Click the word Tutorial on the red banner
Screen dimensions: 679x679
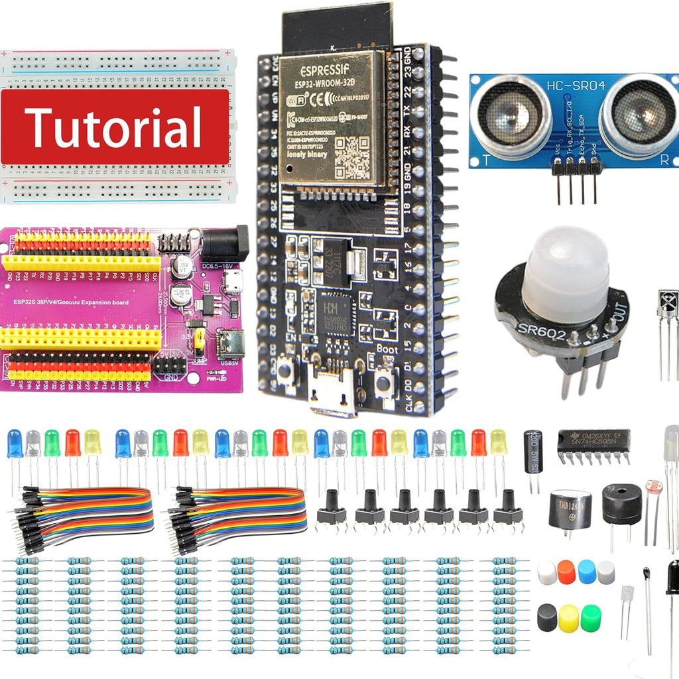[113, 127]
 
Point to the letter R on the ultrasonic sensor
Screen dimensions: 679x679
[664, 160]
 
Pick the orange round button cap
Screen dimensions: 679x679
[566, 572]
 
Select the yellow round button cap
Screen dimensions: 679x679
[568, 618]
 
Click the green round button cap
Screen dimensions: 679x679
[590, 618]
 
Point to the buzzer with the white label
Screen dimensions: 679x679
[570, 509]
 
